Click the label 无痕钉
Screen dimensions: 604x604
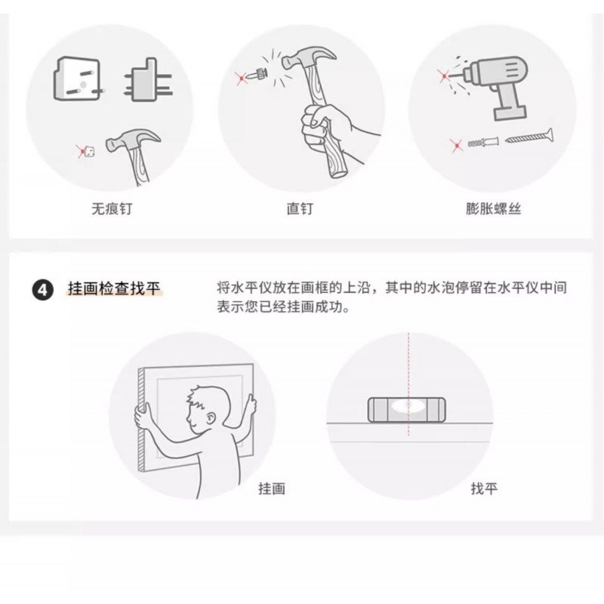pos(112,209)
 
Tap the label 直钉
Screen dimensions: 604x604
pos(300,209)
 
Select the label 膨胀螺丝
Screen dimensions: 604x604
pos(494,209)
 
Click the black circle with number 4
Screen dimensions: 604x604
pos(42,290)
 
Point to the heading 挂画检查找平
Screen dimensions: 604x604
pos(114,288)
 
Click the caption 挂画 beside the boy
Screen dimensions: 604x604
pos(272,488)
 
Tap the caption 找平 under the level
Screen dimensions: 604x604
pos(484,488)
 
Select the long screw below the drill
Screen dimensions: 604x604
pos(529,137)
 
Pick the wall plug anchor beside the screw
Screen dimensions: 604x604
pos(483,143)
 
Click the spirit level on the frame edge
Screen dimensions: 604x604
pos(407,410)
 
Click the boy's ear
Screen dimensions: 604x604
pos(211,418)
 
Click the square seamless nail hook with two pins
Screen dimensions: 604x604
pos(77,79)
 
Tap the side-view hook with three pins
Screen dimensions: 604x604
pos(148,81)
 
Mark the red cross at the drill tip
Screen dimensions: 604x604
pos(444,76)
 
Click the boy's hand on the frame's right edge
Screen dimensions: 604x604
pos(251,405)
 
